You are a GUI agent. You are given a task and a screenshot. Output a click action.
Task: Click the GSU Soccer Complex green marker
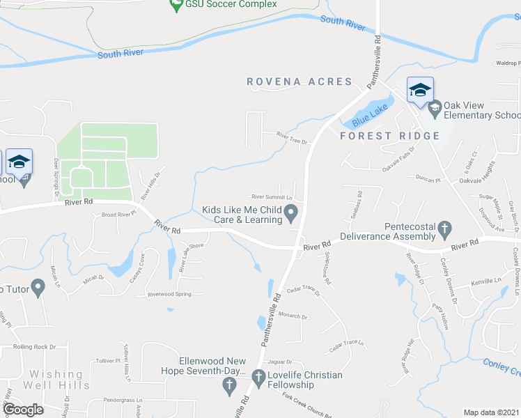point(176,6)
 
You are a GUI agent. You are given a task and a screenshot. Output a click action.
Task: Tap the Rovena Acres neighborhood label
point(300,82)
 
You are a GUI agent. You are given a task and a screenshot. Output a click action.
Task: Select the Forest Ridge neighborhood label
point(389,136)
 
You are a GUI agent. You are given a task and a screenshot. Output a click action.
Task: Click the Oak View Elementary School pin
point(435,107)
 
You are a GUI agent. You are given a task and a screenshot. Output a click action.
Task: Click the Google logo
point(24,410)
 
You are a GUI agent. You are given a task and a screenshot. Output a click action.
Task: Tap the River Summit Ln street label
point(272,197)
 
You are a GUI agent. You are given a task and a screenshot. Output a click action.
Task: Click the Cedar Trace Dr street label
point(302,291)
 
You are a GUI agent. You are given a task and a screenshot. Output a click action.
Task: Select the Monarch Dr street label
point(293,316)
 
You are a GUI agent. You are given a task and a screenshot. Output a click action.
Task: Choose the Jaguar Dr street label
point(279,362)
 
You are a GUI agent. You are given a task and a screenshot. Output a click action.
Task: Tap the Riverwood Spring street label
point(169,295)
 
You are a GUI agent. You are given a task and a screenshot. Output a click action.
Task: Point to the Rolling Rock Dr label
point(34,346)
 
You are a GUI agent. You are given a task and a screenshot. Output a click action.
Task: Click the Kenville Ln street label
point(486,281)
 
